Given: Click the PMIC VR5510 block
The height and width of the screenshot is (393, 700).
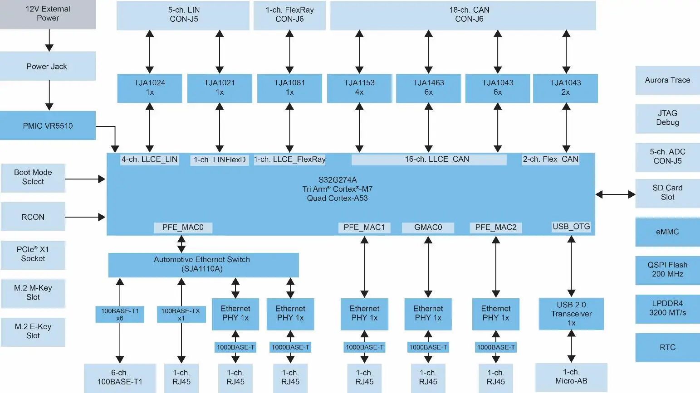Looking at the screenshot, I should tap(48, 126).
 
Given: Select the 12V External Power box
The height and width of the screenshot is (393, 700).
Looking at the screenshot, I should tap(48, 14).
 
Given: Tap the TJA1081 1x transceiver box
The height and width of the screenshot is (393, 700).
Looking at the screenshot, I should tap(289, 88).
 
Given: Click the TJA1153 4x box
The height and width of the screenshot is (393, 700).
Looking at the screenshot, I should tap(359, 88).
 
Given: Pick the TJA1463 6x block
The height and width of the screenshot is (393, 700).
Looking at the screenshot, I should tap(428, 88).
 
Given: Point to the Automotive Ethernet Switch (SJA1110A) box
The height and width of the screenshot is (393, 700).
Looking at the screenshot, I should tap(203, 265).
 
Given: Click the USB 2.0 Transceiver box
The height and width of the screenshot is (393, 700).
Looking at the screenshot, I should tap(571, 314).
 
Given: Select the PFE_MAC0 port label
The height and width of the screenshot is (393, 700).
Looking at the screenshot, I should tap(183, 228).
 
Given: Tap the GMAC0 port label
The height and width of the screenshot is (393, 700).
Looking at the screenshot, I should tap(428, 228).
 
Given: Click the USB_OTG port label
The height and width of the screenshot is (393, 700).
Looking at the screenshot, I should tap(571, 227).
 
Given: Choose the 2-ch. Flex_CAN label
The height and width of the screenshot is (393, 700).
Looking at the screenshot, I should tap(550, 160).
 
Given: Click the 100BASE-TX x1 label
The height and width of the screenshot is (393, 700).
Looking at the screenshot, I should tap(181, 314).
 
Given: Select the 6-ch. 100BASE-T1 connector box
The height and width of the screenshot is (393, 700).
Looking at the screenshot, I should tap(120, 378).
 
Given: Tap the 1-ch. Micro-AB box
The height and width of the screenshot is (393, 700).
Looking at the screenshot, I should tap(571, 377).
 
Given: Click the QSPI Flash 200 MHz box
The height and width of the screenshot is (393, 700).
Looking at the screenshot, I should tap(667, 270).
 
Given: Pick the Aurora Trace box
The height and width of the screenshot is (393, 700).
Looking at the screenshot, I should tap(667, 80).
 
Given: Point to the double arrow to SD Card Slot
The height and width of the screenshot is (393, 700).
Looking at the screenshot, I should tap(615, 194).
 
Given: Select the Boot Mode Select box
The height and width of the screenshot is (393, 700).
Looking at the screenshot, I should tap(33, 177).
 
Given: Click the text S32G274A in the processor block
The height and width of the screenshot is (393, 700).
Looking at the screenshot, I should tap(338, 180).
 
